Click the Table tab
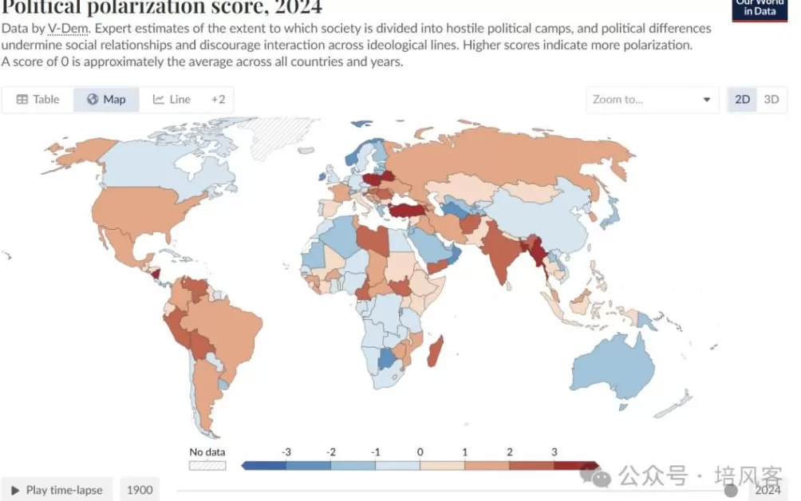[x=38, y=100]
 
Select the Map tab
[x=106, y=100]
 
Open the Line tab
[x=172, y=100]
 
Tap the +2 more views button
[x=218, y=100]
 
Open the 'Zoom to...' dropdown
[x=651, y=100]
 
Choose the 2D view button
[x=742, y=100]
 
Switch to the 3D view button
[x=771, y=100]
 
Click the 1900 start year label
[x=140, y=490]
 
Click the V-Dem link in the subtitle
[x=67, y=29]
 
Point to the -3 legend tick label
[x=285, y=452]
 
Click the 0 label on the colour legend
[x=420, y=452]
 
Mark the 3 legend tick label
[x=554, y=452]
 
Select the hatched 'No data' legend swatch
[x=207, y=465]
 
